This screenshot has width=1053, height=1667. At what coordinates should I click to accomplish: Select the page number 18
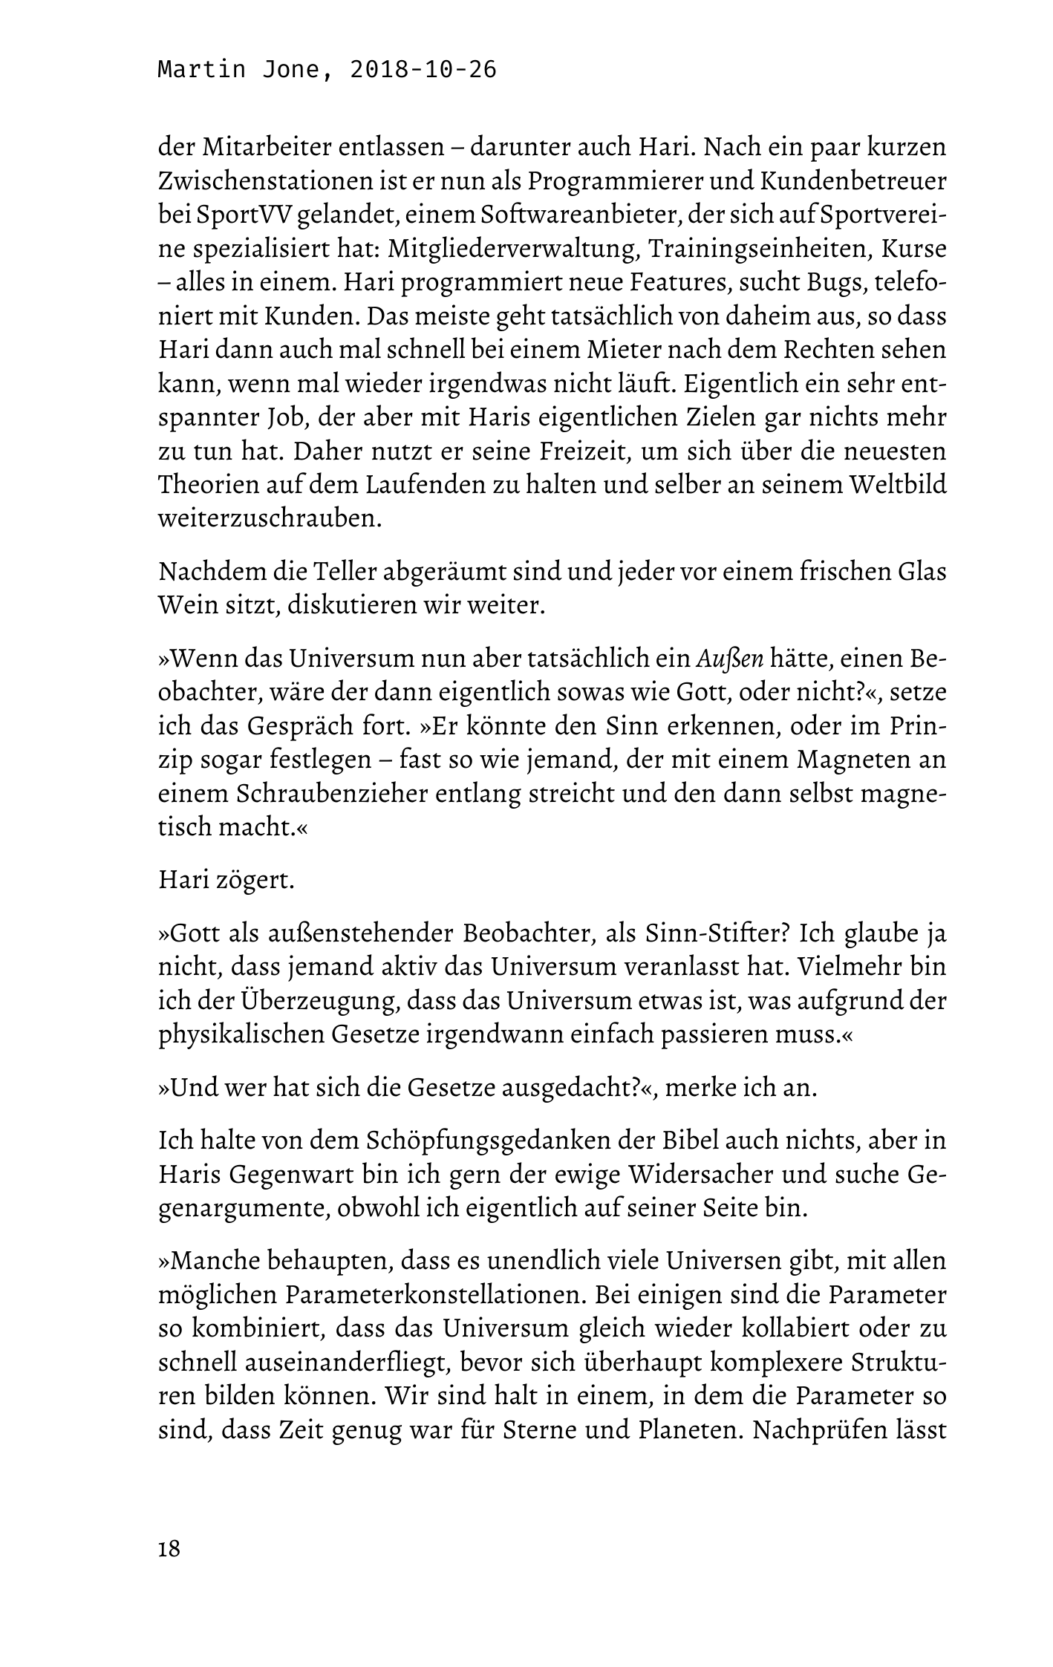[169, 1549]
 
